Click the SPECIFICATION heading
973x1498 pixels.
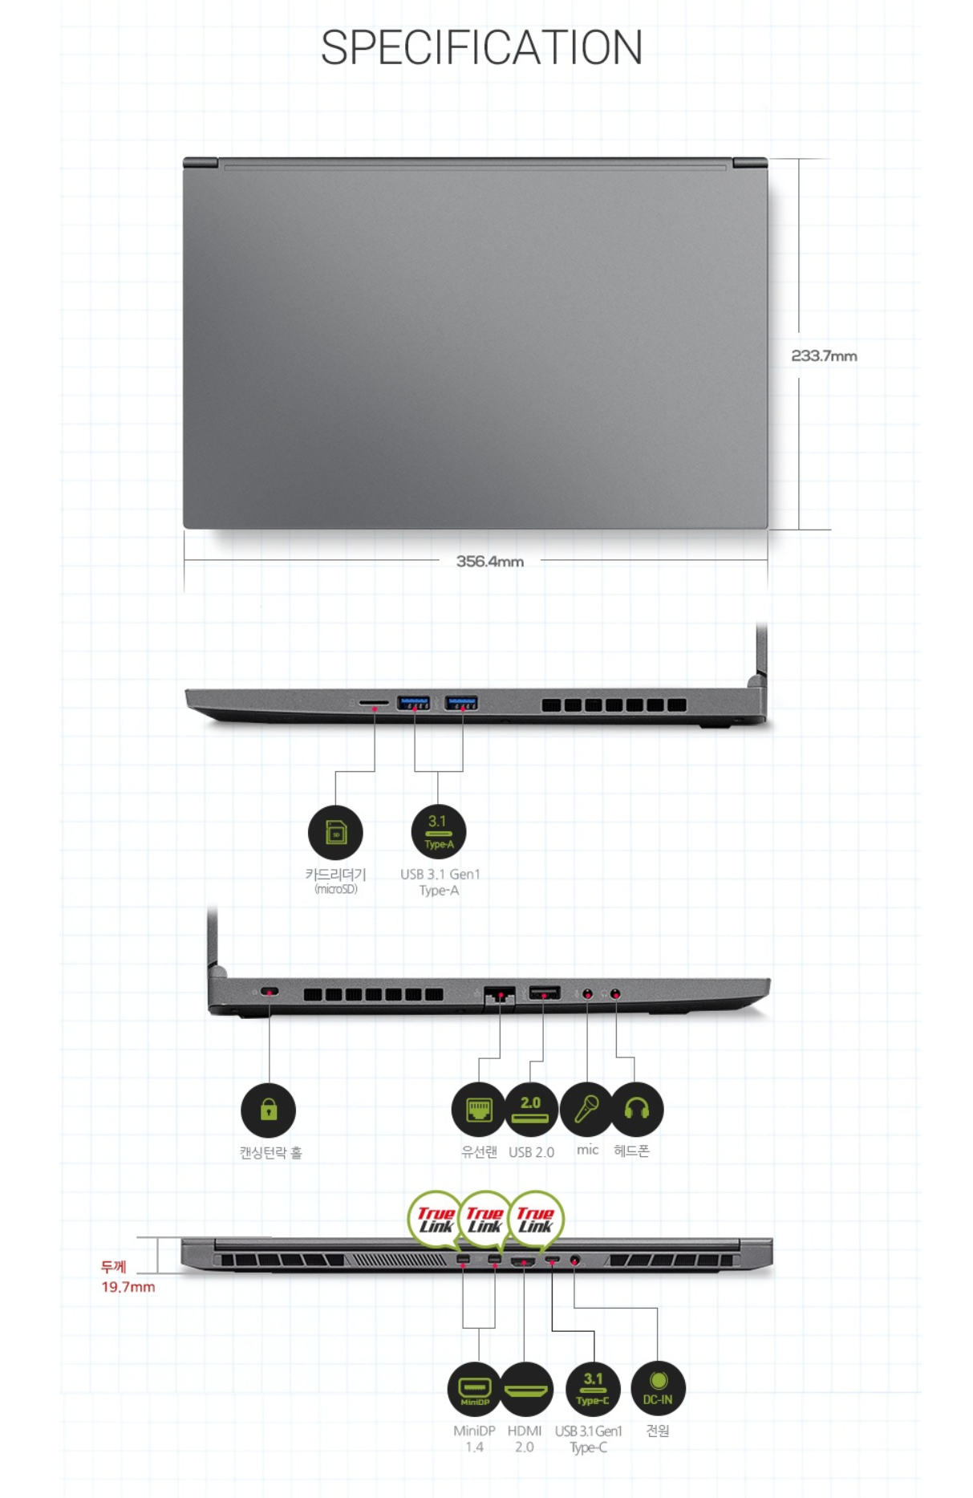(481, 47)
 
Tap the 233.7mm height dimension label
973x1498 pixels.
(824, 355)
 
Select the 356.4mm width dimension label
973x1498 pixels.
(489, 561)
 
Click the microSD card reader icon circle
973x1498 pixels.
(335, 832)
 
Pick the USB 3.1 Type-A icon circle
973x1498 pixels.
(438, 832)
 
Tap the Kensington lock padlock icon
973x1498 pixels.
(269, 1110)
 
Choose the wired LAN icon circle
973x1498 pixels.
(479, 1110)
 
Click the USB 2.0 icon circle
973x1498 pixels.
(530, 1110)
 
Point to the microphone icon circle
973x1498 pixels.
(586, 1110)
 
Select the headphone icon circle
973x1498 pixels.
(637, 1110)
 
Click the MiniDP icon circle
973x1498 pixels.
(474, 1389)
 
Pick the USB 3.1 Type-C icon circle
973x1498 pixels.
(592, 1389)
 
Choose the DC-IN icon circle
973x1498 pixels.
(658, 1389)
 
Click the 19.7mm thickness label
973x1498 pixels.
(128, 1287)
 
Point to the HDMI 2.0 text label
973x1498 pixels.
(524, 1439)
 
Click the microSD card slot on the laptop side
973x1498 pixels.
(372, 703)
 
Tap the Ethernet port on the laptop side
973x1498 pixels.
(499, 994)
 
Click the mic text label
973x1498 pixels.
(587, 1150)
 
